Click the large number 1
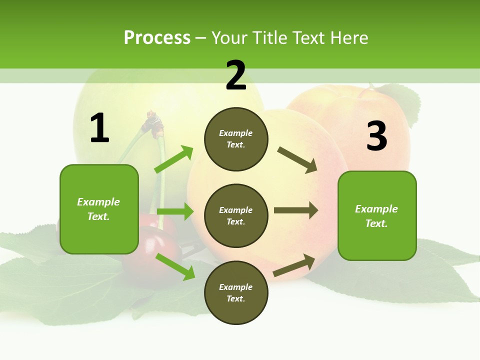99,128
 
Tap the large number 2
236,75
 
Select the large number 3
376,136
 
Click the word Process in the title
157,37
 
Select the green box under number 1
99,209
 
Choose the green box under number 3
377,216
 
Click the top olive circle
236,139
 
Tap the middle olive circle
236,215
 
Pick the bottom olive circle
236,292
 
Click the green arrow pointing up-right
174,159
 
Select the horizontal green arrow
175,211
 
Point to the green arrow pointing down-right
175,266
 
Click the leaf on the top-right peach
402,102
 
